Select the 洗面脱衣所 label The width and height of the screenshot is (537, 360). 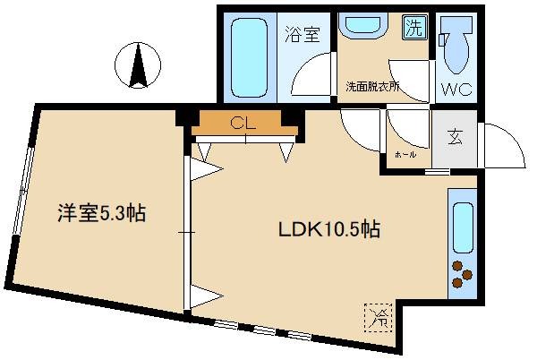(373, 88)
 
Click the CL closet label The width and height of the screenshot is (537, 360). (240, 123)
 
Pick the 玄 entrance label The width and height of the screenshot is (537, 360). (456, 139)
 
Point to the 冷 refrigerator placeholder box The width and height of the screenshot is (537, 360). (376, 316)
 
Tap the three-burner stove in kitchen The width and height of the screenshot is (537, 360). (462, 274)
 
